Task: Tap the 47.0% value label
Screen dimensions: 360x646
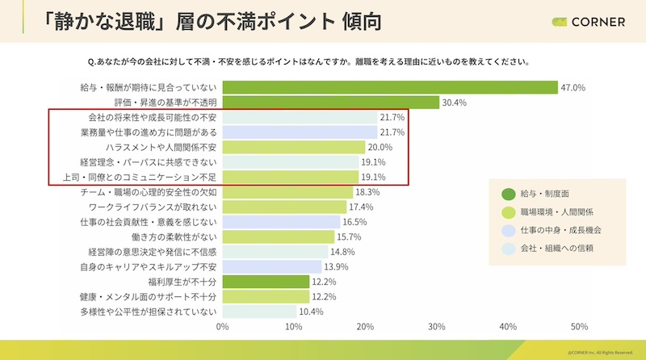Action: pos(573,87)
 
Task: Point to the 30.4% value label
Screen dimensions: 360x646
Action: pos(454,103)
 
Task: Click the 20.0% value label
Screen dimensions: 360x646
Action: pos(380,148)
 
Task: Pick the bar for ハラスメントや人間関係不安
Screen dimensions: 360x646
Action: pos(293,148)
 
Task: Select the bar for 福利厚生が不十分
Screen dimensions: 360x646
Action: pos(266,282)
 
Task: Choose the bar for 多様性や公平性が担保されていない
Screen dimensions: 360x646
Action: pos(259,312)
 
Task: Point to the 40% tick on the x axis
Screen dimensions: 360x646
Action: pos(508,327)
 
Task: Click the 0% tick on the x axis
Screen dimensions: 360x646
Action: pos(223,327)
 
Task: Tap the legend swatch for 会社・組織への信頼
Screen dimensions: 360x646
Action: pos(509,248)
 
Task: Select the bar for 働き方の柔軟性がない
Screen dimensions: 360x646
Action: pos(279,237)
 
